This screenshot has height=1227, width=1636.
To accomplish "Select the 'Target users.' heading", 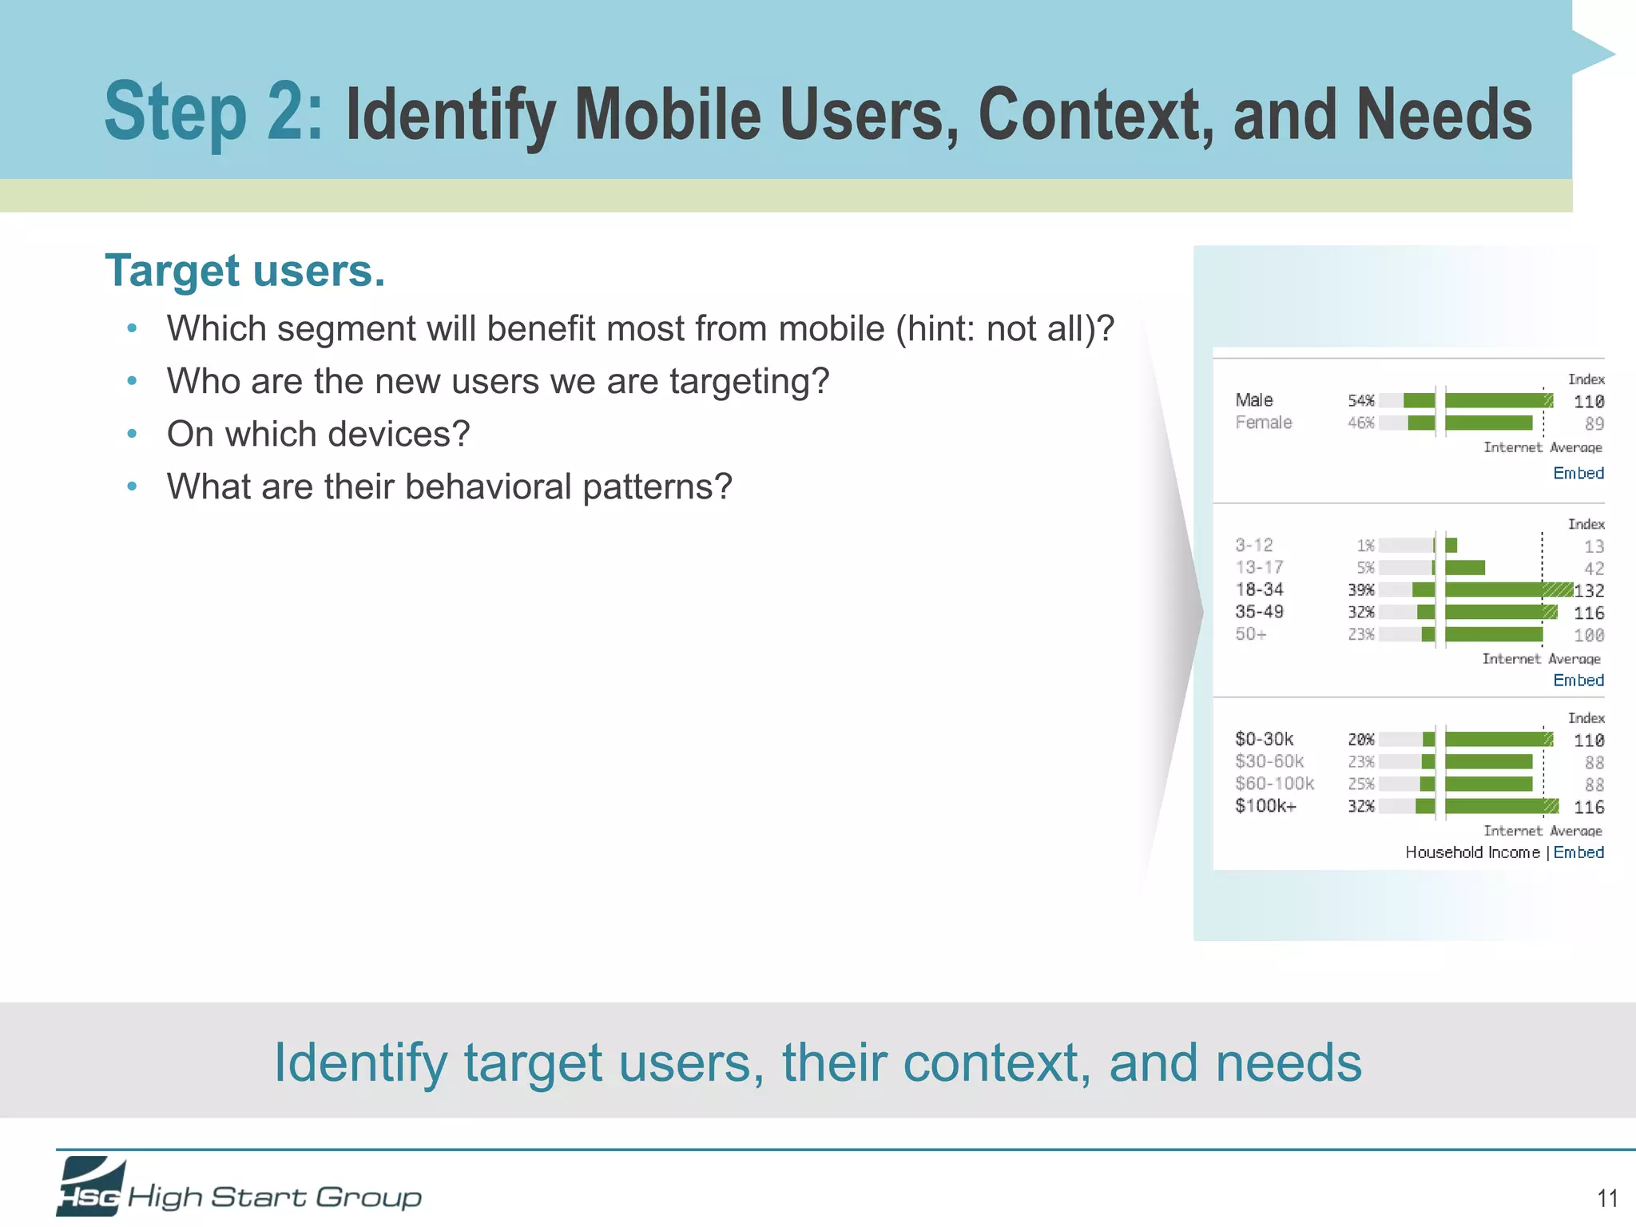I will coord(244,271).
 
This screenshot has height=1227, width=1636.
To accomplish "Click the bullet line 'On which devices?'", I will coord(318,435).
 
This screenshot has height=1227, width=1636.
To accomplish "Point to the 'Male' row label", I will coord(1253,400).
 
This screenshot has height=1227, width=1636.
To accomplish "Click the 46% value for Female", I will coord(1360,423).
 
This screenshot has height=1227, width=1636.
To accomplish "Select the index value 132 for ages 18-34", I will coord(1589,590).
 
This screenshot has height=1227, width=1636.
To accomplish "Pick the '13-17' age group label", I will coord(1259,567).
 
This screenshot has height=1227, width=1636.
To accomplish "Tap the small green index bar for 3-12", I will coord(1451,546).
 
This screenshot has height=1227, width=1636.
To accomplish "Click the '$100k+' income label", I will coord(1265,806).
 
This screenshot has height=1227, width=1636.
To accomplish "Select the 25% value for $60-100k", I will coord(1360,784).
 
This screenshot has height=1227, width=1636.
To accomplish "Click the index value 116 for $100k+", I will coord(1589,808).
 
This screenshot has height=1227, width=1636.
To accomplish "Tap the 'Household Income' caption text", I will coord(1472,852).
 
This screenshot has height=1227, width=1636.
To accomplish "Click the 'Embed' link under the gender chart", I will coord(1578,473).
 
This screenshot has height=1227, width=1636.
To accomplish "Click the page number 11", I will coord(1607,1198).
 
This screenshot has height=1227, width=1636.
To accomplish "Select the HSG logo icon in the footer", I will coord(90,1187).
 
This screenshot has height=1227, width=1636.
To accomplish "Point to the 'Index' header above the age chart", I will coord(1586,524).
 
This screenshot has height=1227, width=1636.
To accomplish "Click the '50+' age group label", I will coord(1250,634).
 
